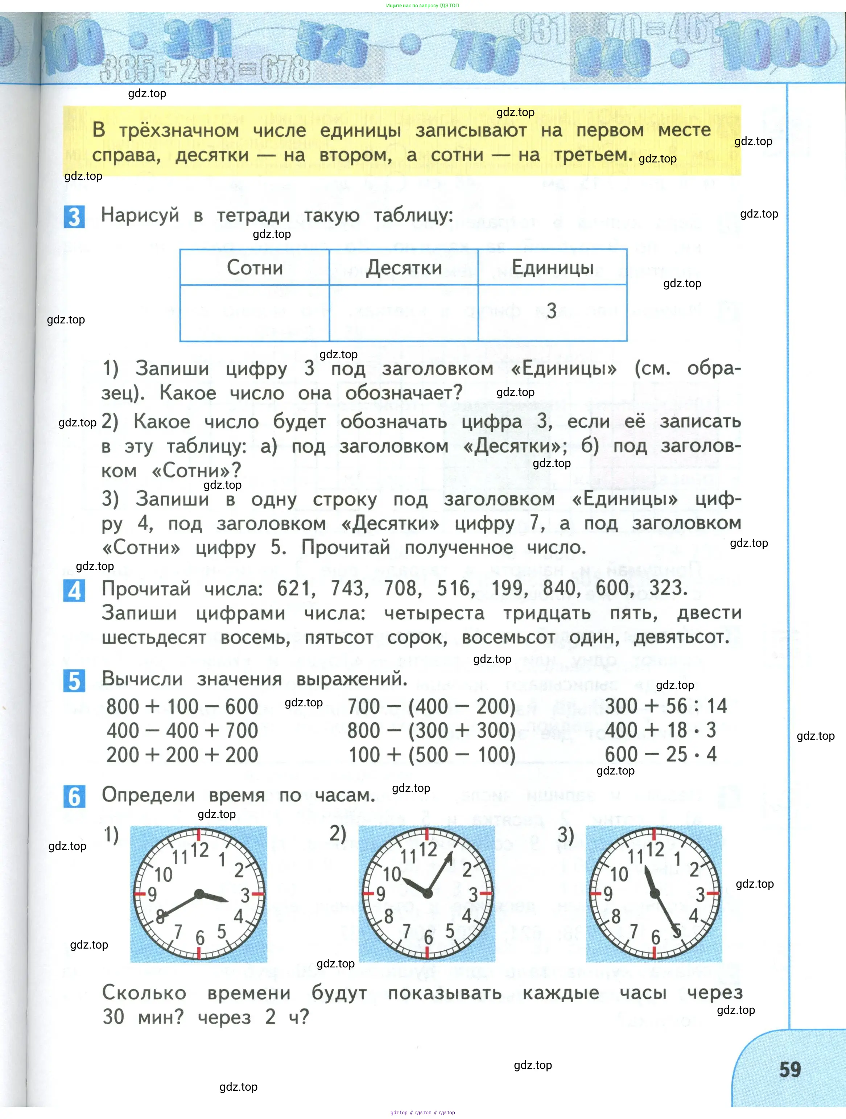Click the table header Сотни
coord(255,267)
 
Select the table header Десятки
coord(404,267)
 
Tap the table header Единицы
coord(553,267)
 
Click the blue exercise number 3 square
coord(74,217)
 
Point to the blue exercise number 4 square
coord(74,591)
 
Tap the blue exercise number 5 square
coord(74,681)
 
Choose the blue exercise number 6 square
coord(74,797)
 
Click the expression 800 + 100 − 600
coord(182,707)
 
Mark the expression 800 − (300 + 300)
coord(432,731)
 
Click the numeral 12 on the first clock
coord(199,850)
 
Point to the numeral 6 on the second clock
coord(428,937)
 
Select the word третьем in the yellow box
coord(593,155)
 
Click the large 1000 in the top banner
coord(777,43)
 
